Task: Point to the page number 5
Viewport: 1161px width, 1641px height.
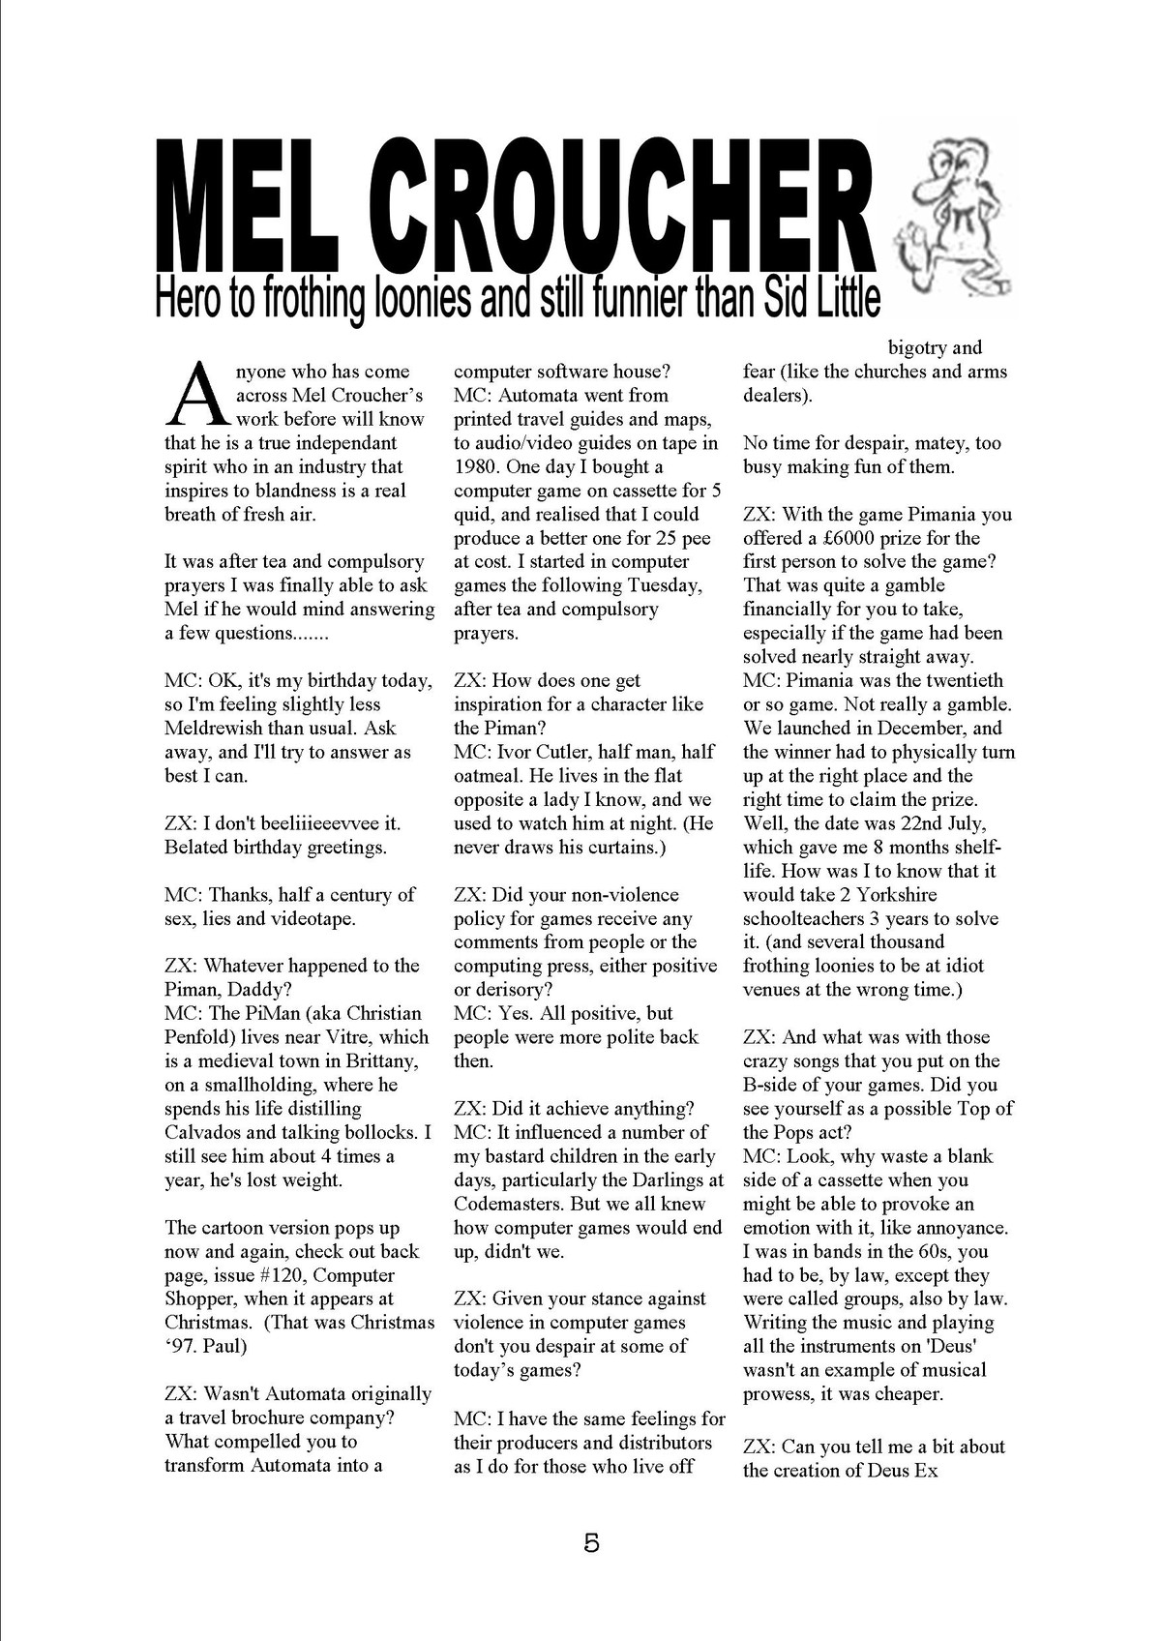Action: tap(591, 1541)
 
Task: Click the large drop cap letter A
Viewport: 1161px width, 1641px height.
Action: tap(198, 394)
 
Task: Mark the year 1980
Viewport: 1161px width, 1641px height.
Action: tap(477, 466)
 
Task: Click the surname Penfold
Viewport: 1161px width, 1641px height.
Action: tap(198, 1037)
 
